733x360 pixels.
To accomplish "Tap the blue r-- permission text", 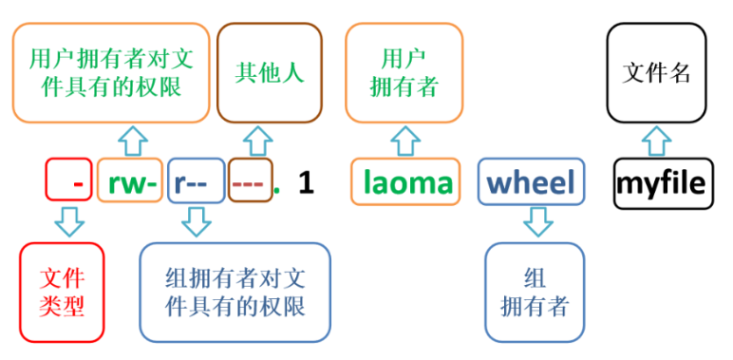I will tap(195, 181).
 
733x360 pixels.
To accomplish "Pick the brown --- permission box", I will tap(249, 181).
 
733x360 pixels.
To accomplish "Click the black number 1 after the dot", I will tap(305, 181).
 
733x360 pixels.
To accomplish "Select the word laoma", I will tap(406, 181).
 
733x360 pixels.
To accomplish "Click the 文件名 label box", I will tap(656, 74).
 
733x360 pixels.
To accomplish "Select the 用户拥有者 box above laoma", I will tap(404, 74).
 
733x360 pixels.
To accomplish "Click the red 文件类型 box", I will tap(63, 292).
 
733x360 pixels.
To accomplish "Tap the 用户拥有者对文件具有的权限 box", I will tap(111, 73).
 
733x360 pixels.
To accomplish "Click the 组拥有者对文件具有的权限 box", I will tap(235, 292).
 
